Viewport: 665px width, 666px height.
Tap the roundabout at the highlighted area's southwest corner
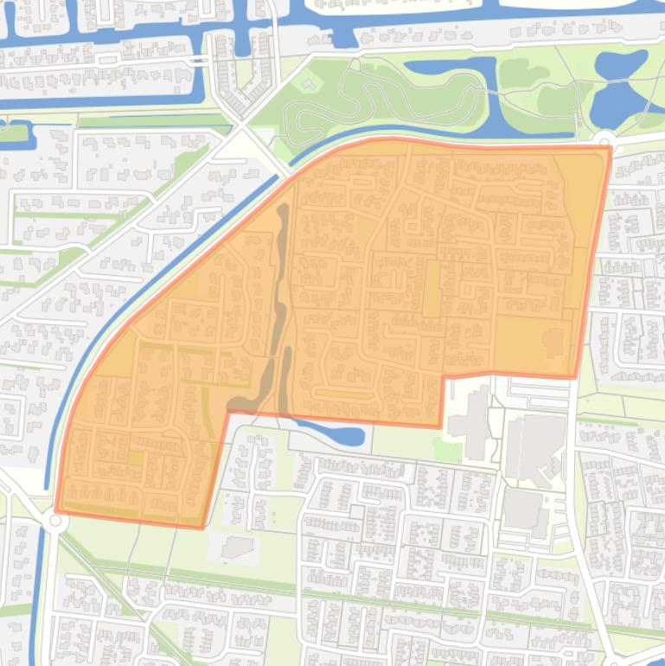click(x=57, y=520)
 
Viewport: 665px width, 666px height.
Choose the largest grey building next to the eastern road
click(x=534, y=445)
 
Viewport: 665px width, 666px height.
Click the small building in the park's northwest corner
click(x=309, y=85)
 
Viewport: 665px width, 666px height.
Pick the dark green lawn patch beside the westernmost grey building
click(x=447, y=451)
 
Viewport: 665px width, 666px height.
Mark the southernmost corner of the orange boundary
click(x=203, y=527)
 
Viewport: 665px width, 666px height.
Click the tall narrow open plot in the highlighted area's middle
click(x=431, y=289)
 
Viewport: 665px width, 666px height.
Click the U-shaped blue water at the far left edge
click(x=17, y=133)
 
